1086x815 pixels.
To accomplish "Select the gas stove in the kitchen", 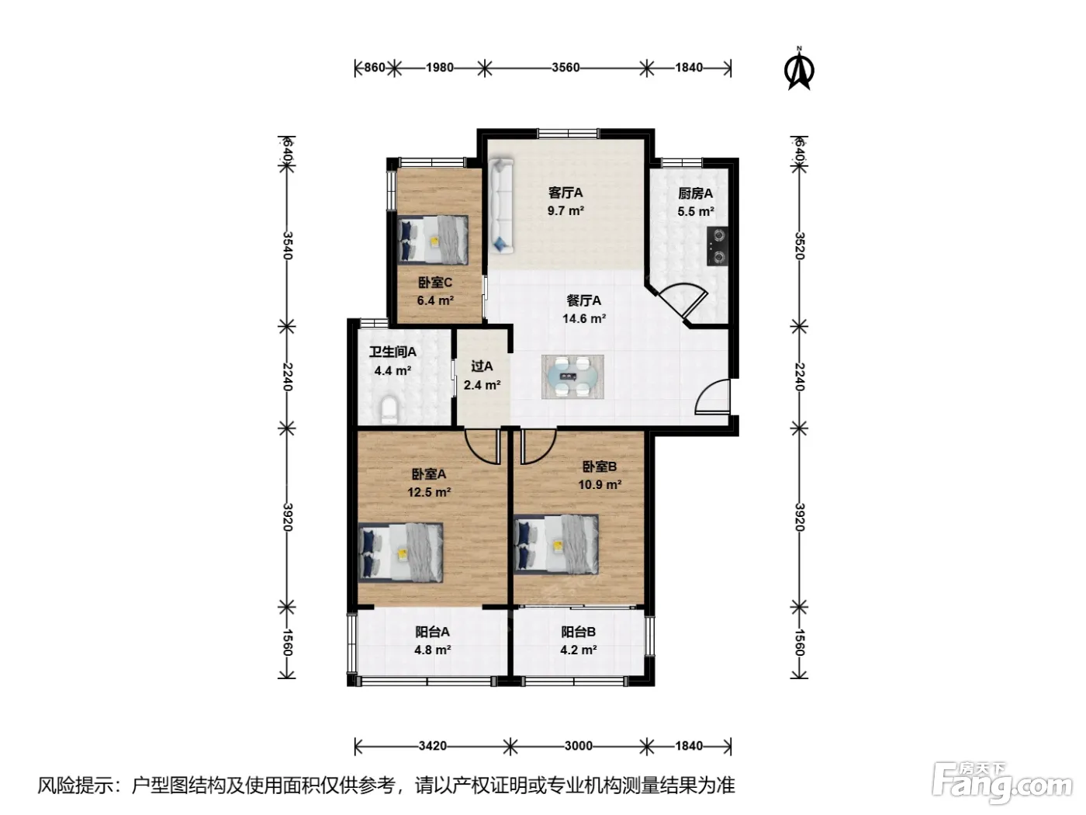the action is (717, 246).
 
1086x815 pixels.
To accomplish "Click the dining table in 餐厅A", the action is (572, 376).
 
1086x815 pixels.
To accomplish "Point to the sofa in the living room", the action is (501, 206).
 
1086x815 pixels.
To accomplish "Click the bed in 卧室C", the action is (433, 240).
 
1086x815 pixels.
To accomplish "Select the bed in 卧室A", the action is (400, 552).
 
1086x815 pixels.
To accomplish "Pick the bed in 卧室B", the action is (556, 544).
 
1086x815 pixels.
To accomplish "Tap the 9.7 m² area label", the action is (565, 211).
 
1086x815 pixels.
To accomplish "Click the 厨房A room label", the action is (695, 193).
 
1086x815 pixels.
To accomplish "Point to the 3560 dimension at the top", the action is (565, 68).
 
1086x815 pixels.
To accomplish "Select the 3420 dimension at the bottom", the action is (432, 745).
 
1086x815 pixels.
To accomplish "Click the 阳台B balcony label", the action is (578, 632).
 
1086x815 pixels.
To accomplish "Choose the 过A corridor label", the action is (482, 366).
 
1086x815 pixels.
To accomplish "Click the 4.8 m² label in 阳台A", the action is (432, 650).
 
